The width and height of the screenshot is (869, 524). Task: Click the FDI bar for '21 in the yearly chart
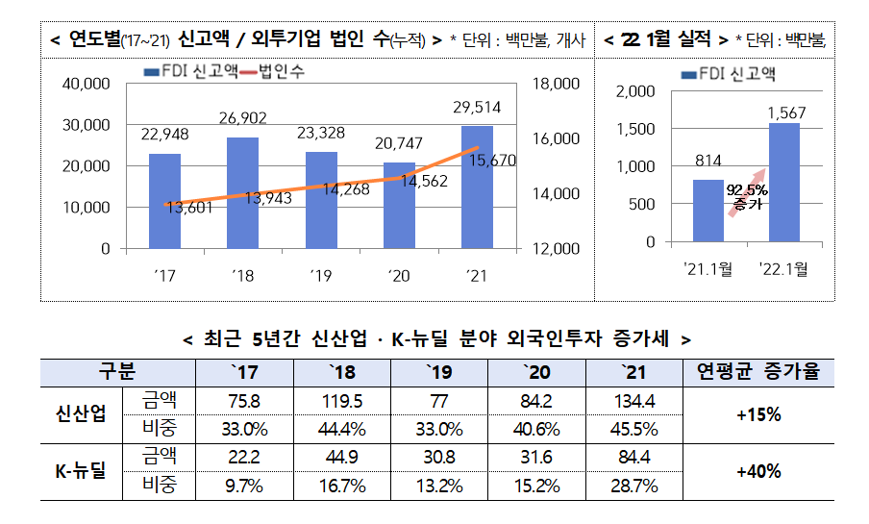tap(477, 187)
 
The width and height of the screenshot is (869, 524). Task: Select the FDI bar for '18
tap(242, 192)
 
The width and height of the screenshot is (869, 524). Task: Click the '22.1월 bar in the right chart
tap(784, 183)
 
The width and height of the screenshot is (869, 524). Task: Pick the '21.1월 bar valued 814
tap(708, 211)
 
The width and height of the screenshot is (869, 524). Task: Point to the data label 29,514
tap(477, 108)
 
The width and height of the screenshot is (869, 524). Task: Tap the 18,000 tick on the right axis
tap(555, 85)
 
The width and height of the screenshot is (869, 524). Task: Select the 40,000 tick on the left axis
tap(86, 85)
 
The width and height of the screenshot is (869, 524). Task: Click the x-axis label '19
tap(320, 276)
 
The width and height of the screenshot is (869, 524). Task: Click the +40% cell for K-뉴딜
tap(758, 471)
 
